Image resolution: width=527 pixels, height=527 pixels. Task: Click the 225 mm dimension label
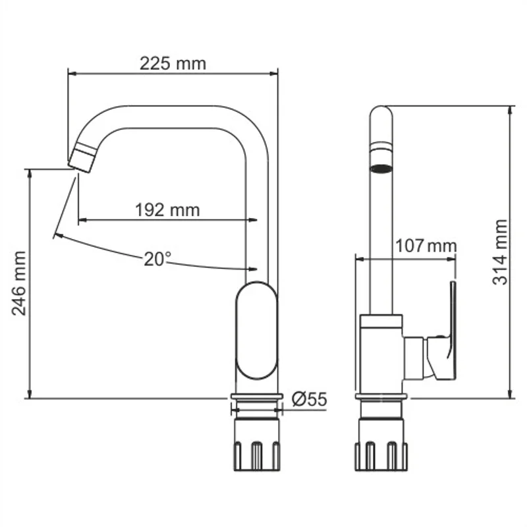[173, 63]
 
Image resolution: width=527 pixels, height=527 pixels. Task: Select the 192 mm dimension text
[167, 209]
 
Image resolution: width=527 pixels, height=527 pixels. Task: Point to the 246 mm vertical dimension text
[20, 283]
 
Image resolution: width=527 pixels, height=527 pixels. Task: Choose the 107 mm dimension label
[425, 246]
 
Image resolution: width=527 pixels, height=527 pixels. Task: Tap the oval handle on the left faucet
[257, 331]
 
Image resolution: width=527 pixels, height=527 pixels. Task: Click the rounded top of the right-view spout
[381, 115]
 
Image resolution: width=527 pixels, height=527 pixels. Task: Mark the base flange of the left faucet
[256, 397]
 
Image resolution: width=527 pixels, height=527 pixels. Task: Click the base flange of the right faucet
[381, 397]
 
